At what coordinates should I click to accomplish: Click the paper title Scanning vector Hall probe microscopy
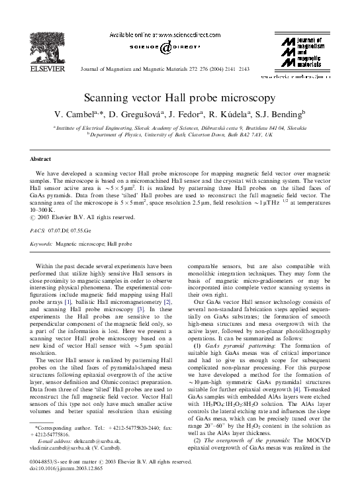tap(179, 97)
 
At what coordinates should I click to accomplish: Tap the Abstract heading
tap(41, 160)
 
